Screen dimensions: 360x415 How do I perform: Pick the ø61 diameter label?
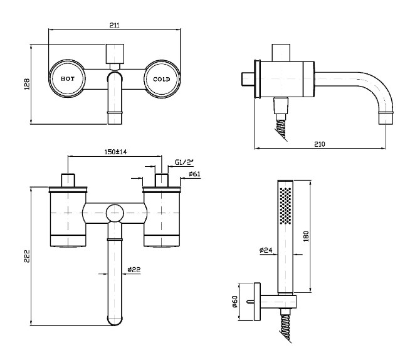(x=194, y=174)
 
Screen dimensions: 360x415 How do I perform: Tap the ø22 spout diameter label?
(x=134, y=270)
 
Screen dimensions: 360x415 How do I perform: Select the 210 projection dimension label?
(x=319, y=144)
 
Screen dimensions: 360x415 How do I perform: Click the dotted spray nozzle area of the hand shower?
(x=285, y=204)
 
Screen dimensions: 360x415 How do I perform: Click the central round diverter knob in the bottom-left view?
(x=114, y=213)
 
